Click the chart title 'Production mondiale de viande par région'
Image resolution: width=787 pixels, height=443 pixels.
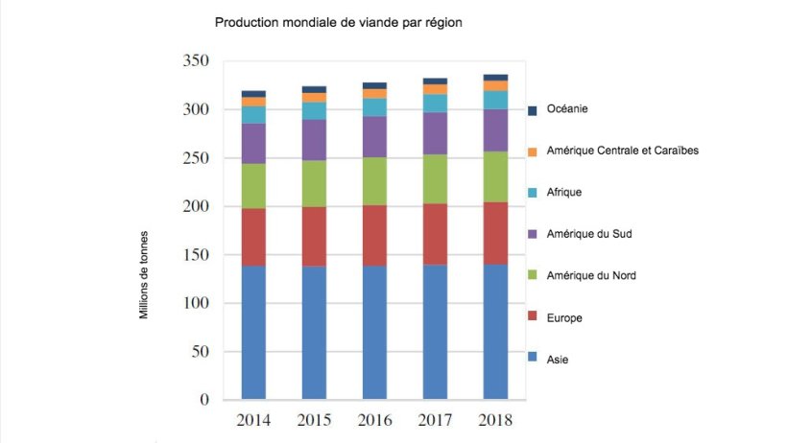coord(339,21)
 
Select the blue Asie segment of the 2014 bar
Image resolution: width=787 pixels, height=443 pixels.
coord(253,332)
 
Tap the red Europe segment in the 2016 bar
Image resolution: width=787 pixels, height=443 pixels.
coord(374,235)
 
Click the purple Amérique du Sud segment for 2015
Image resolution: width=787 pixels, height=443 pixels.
coord(314,140)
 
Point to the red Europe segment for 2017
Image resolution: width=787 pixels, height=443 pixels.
coord(435,234)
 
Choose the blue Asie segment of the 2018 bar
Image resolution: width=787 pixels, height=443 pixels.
coord(495,332)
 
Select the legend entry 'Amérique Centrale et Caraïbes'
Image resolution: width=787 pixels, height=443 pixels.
coord(622,151)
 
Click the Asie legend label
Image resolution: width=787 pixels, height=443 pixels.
coord(556,359)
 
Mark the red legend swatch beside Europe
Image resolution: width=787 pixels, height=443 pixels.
coord(533,318)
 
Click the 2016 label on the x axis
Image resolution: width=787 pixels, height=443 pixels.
coord(374,420)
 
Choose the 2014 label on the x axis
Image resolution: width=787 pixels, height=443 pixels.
coord(253,420)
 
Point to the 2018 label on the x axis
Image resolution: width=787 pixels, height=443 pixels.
coord(495,420)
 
